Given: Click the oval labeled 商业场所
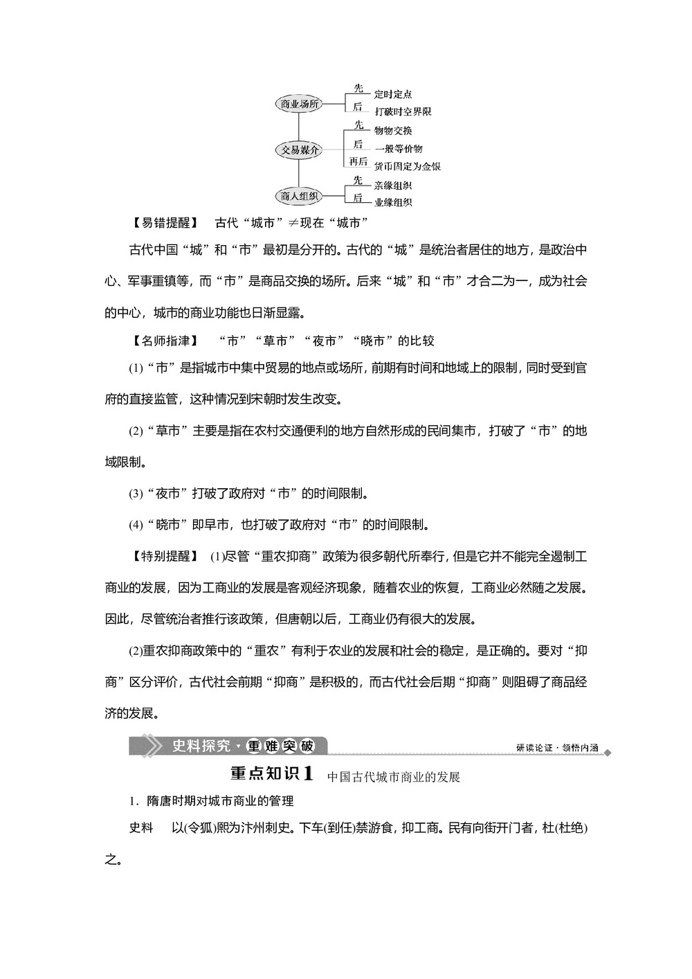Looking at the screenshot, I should tap(299, 104).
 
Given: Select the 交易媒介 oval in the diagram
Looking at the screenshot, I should tap(299, 150).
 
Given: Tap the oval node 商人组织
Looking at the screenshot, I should tap(299, 196).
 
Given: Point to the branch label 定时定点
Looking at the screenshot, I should tap(393, 94).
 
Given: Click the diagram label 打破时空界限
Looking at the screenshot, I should tap(403, 111).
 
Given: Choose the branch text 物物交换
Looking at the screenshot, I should tap(393, 131).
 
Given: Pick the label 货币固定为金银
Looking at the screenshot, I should tap(407, 166).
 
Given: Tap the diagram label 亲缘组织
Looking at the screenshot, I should tap(393, 186).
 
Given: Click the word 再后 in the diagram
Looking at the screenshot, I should tap(358, 161).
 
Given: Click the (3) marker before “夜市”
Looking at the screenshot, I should tap(136, 494).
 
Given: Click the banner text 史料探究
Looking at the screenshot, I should tap(201, 746).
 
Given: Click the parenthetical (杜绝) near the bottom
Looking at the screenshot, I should tap(572, 827).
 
